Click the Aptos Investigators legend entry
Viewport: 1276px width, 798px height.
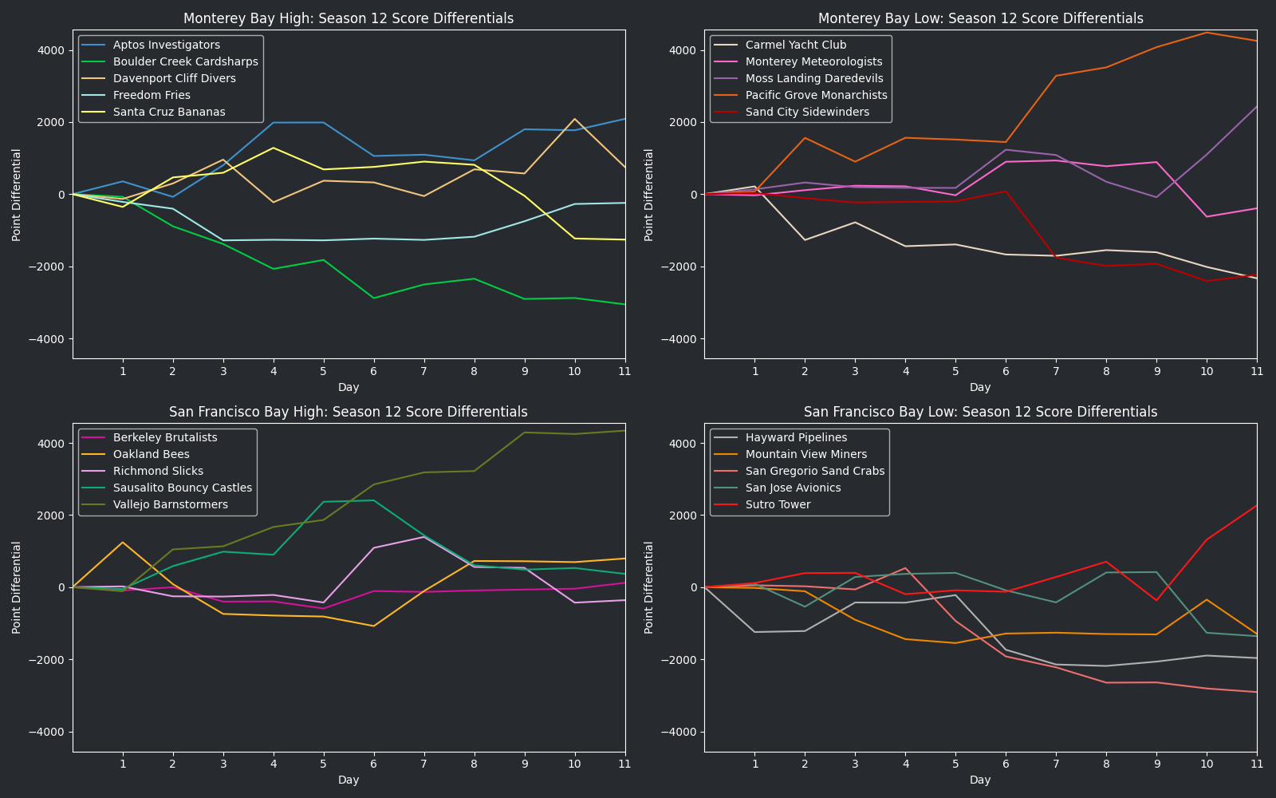pyautogui.click(x=167, y=45)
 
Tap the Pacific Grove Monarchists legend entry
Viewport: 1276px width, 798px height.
pyautogui.click(x=816, y=96)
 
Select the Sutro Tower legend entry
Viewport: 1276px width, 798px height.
pyautogui.click(x=778, y=505)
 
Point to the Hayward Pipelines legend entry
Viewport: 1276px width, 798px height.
pyautogui.click(x=796, y=438)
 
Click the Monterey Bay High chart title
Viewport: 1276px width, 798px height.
pyautogui.click(x=349, y=18)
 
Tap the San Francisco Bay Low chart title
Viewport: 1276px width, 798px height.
pyautogui.click(x=980, y=412)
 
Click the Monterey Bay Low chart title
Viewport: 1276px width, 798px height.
pyautogui.click(x=980, y=18)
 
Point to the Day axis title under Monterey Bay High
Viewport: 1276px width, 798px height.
pyautogui.click(x=349, y=387)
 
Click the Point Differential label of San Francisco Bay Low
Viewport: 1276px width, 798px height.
pyautogui.click(x=649, y=587)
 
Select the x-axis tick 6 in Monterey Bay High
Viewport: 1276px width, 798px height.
pyautogui.click(x=373, y=371)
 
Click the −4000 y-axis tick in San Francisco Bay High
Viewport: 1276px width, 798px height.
pyautogui.click(x=48, y=732)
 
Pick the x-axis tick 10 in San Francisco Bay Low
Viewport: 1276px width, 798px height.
pyautogui.click(x=1207, y=764)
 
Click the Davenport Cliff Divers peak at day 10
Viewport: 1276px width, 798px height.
pyautogui.click(x=574, y=119)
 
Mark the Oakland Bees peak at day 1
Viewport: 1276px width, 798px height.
pyautogui.click(x=123, y=543)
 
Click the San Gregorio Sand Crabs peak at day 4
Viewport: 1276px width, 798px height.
pyautogui.click(x=905, y=568)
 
